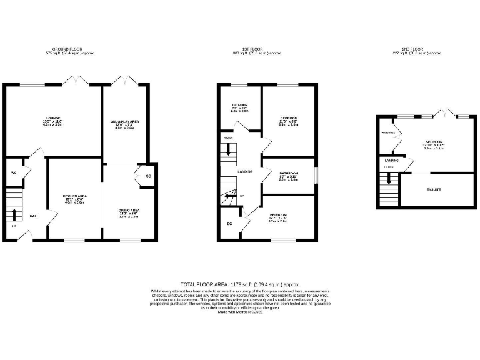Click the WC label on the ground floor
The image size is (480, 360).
click(x=14, y=172)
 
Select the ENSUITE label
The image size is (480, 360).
click(x=434, y=189)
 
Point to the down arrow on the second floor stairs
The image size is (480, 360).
click(x=389, y=179)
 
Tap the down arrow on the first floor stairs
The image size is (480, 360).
click(x=229, y=150)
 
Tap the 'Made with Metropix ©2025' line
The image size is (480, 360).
click(x=239, y=312)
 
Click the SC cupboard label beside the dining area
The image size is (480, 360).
click(x=148, y=176)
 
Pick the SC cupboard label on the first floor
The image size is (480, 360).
click(x=229, y=223)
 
